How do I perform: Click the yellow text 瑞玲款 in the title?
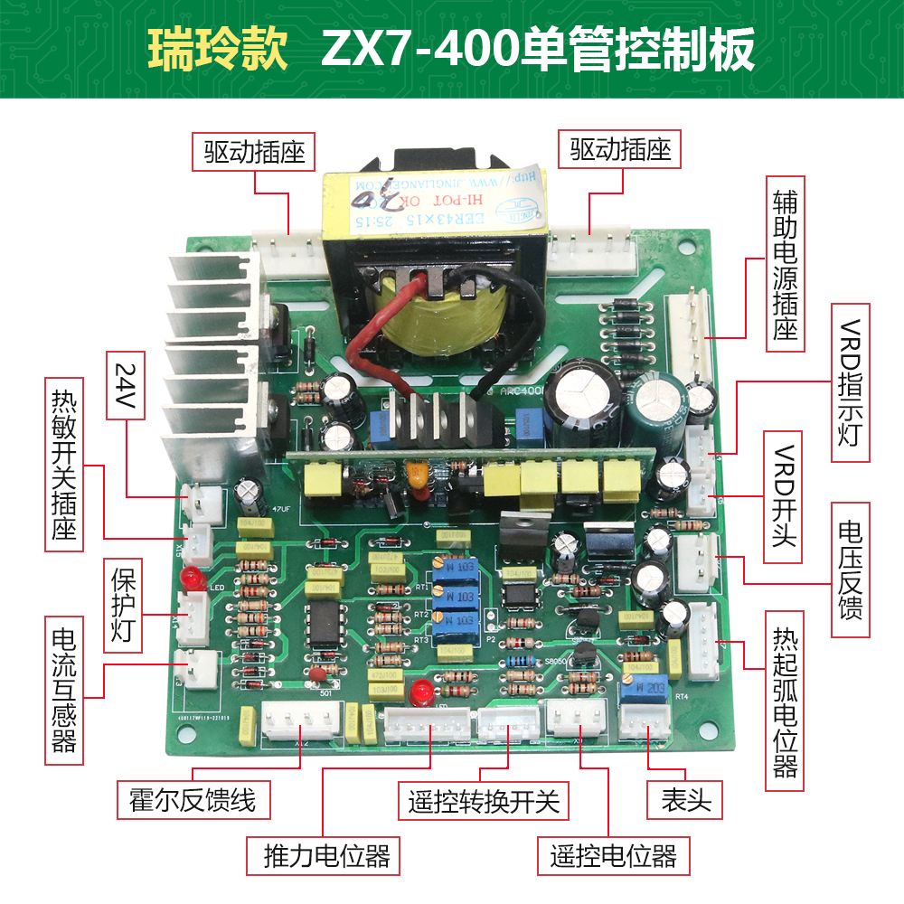(218, 51)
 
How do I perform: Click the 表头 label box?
(685, 799)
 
